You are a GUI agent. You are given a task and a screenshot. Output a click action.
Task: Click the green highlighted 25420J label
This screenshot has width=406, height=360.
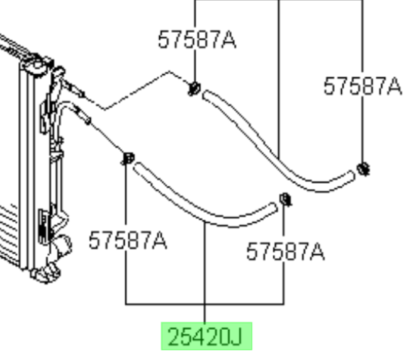[x=206, y=336]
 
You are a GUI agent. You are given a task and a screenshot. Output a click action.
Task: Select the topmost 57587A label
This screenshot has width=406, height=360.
[x=197, y=40]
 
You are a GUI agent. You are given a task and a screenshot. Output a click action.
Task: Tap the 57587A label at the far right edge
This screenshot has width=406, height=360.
[x=363, y=86]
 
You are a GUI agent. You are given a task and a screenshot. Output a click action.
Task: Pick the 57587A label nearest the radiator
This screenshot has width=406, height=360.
[x=128, y=240]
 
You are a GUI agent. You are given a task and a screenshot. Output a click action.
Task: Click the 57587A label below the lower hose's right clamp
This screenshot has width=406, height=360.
[x=285, y=251]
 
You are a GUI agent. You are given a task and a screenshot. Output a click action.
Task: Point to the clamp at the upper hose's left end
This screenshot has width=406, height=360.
[x=195, y=89]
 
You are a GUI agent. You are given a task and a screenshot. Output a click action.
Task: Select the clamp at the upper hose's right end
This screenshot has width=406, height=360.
[x=363, y=169]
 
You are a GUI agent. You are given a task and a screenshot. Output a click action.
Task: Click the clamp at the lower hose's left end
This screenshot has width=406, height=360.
[x=128, y=158]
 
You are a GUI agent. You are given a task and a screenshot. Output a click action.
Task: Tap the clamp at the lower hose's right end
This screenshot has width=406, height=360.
[x=285, y=200]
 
